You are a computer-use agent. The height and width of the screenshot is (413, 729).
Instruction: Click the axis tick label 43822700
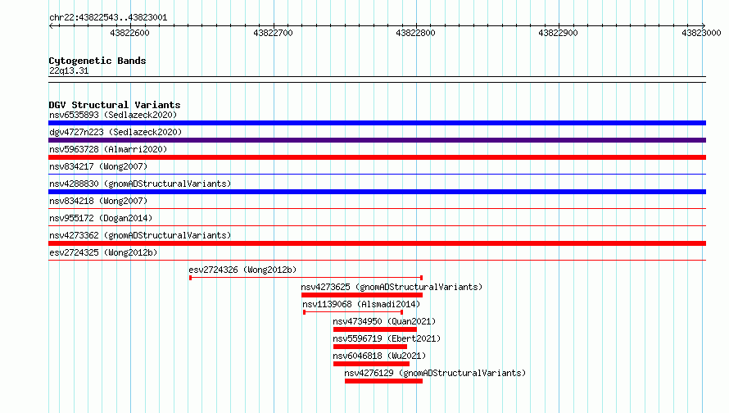coord(273,33)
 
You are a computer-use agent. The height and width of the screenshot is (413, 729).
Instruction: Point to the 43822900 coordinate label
coord(558,33)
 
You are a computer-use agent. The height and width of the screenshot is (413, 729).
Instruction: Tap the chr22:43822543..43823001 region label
coord(108,18)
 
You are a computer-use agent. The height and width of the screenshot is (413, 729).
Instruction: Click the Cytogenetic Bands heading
coord(97,61)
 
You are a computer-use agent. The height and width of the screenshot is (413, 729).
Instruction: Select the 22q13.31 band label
coord(69,70)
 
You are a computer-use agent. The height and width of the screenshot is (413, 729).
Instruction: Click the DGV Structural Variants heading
coord(115,105)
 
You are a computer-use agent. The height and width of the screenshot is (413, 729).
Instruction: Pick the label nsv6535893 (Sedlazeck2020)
coord(113,115)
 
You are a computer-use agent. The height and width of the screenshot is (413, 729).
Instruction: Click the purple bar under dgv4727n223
coord(377,140)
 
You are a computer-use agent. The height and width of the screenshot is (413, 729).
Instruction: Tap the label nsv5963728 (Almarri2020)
coord(108,149)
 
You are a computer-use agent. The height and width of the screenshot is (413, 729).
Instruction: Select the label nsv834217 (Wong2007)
coord(98,166)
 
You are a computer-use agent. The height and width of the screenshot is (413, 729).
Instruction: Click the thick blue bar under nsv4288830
coord(377,192)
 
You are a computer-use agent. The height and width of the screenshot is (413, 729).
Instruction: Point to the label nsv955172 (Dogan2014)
coord(101,218)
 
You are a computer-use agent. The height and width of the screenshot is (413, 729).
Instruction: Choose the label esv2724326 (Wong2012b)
coord(242,270)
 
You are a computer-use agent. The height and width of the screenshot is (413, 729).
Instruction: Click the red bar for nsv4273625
coord(362,295)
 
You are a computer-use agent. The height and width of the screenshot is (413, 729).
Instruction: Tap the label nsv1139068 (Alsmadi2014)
coord(361,304)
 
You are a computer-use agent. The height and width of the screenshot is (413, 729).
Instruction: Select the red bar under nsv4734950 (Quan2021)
coord(374,329)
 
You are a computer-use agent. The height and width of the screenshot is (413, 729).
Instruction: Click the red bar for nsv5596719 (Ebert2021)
coord(370,347)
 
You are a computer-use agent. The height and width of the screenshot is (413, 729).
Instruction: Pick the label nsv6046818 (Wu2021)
coord(379,356)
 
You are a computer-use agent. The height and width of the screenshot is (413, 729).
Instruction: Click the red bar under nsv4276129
coord(383,381)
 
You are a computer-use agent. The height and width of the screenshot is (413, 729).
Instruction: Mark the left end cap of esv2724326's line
coord(191,278)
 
